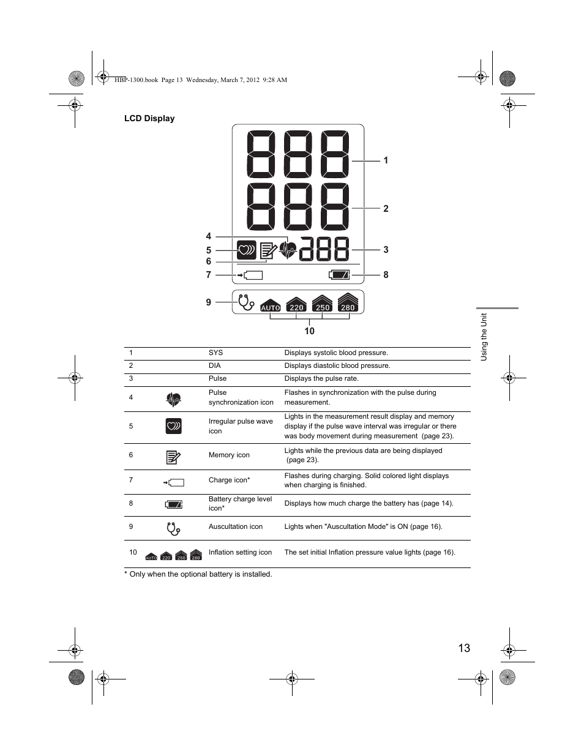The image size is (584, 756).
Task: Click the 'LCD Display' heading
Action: (x=149, y=119)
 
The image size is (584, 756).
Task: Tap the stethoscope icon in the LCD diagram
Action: (x=245, y=302)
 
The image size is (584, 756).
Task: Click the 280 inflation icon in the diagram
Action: (x=348, y=303)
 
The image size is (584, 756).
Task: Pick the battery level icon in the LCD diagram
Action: (x=340, y=275)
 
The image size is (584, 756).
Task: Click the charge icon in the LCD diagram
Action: (x=250, y=275)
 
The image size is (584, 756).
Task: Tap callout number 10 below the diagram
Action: (x=309, y=331)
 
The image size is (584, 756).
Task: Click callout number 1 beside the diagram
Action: (x=386, y=160)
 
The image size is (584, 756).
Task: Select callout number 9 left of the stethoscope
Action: (x=209, y=302)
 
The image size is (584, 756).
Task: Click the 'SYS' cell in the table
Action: (x=215, y=353)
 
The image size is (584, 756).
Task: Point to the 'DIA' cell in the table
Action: (x=214, y=366)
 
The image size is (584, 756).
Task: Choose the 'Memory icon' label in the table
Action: (x=229, y=455)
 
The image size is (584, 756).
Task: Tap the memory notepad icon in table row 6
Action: (x=173, y=457)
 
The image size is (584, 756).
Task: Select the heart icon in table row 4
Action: (x=173, y=400)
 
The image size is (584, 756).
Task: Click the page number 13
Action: (x=463, y=648)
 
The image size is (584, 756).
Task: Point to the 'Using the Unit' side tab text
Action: (x=484, y=337)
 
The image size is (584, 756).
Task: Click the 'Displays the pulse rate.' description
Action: (x=321, y=379)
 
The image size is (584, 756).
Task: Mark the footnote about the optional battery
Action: (x=198, y=574)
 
